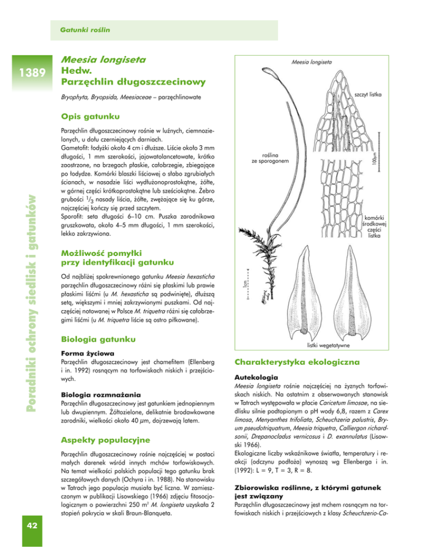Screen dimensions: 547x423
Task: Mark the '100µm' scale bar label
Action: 374,161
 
